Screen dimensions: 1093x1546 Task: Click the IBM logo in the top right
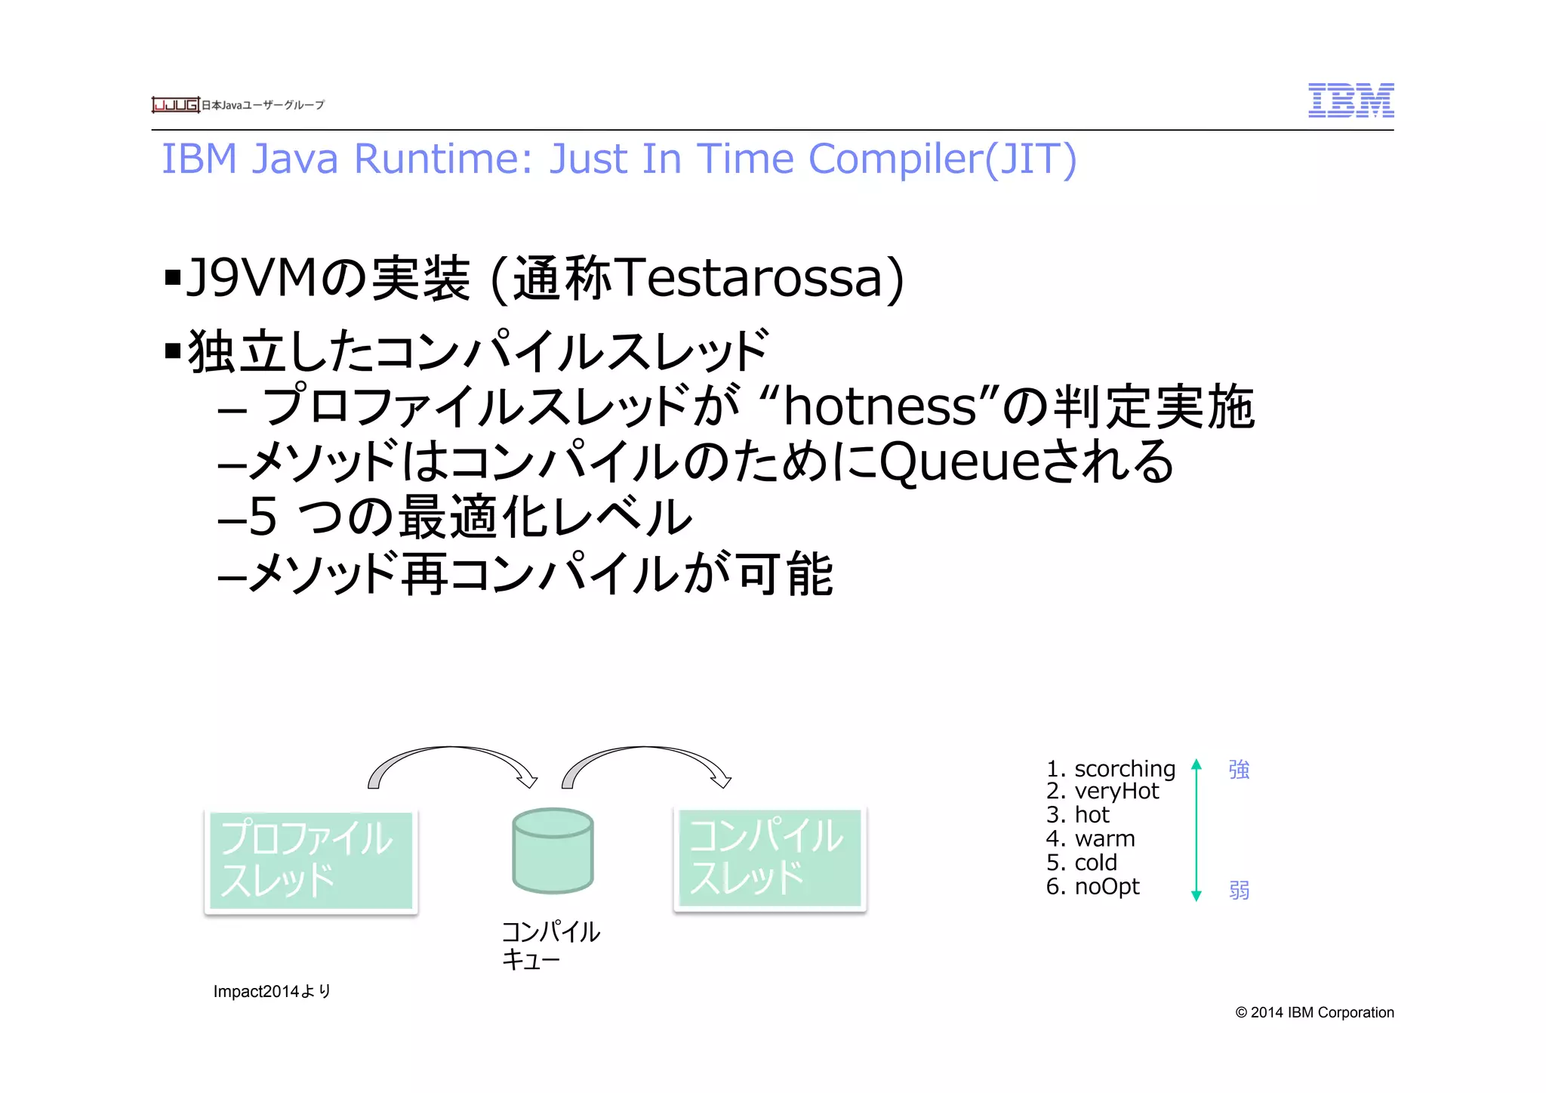[1350, 100]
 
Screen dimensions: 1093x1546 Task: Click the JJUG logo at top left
[175, 105]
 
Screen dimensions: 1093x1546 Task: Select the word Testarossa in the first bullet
[759, 277]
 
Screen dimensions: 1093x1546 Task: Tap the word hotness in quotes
[880, 406]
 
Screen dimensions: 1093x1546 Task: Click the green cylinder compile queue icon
[553, 851]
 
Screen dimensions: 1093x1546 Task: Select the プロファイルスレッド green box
[311, 860]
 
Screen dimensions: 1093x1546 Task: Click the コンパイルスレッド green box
[769, 858]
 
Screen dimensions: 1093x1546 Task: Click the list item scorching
[1124, 769]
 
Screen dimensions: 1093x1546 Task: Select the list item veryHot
[1116, 791]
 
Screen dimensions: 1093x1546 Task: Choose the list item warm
[1104, 838]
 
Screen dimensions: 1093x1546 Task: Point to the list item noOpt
[1107, 886]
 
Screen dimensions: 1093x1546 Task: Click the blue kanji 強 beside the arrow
[1239, 770]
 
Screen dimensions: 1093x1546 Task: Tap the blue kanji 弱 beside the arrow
[1239, 890]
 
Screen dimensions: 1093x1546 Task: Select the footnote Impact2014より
[272, 991]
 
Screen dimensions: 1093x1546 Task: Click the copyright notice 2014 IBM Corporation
[1314, 1012]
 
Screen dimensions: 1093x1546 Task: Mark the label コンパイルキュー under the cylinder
[550, 945]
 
